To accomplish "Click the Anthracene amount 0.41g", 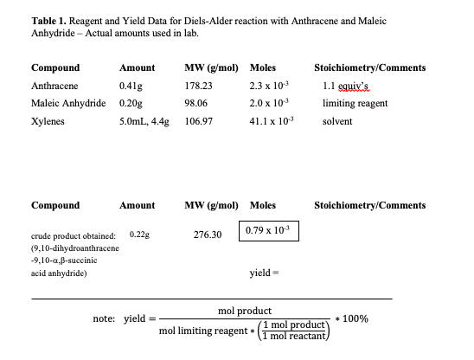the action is (x=131, y=86).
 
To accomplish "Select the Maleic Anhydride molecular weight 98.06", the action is (x=197, y=103).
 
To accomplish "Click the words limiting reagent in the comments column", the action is (x=355, y=103).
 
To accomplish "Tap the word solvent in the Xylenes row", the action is (x=337, y=121).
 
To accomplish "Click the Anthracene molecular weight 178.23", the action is (x=200, y=86).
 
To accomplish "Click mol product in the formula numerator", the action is (x=245, y=310).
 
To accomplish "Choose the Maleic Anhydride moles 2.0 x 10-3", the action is (x=266, y=103).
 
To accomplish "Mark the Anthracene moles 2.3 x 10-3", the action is (x=266, y=86).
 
